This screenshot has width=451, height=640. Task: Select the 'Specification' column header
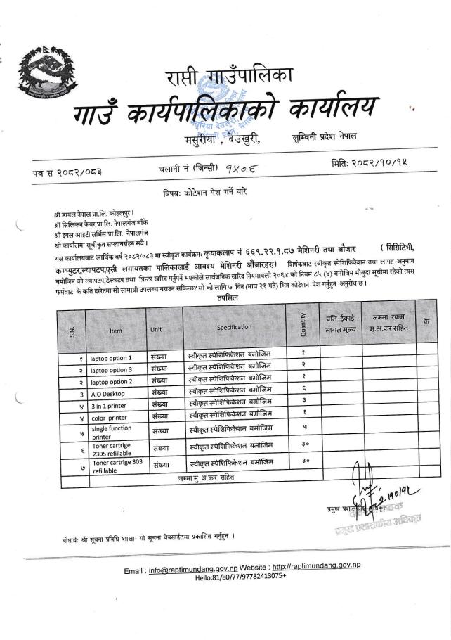tap(234, 327)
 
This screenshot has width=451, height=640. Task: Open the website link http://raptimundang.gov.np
tap(315, 565)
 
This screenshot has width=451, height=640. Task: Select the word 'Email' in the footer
tap(134, 566)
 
